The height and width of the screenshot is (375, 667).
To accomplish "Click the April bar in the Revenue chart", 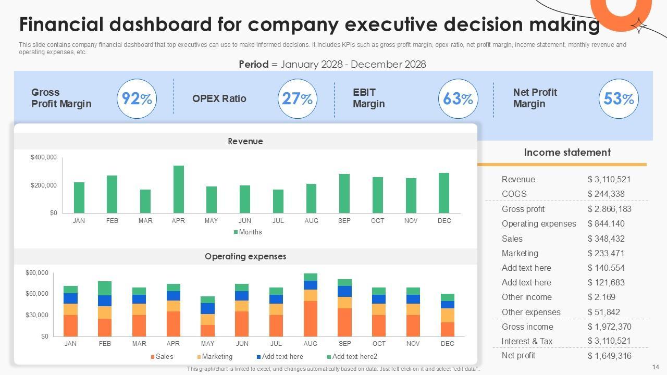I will pos(178,189).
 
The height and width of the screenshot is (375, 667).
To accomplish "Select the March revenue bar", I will pos(145,201).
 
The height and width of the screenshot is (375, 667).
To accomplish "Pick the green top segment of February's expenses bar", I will pos(105,288).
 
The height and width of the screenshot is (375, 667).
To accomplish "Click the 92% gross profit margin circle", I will pos(137,98).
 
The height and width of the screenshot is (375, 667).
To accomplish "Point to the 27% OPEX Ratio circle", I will pos(297,98).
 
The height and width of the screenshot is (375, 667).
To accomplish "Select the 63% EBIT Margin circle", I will pos(458,98).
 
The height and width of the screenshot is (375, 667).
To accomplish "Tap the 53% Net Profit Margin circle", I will pos(618,98).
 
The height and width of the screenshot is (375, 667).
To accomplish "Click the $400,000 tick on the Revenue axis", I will pos(44,157).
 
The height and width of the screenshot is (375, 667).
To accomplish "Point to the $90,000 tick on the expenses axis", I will pos(37,273).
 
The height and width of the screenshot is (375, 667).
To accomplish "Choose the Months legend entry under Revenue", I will pos(250,232).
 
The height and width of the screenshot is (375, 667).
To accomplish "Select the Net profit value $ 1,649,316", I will pos(609,356).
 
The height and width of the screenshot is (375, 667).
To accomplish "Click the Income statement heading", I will pos(567,152).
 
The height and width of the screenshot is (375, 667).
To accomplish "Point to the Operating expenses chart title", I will pos(245,256).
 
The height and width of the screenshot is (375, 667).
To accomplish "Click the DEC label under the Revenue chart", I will pos(444,221).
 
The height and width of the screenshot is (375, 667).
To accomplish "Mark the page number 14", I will pos(656,367).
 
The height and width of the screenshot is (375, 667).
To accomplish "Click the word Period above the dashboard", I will pos(253,64).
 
